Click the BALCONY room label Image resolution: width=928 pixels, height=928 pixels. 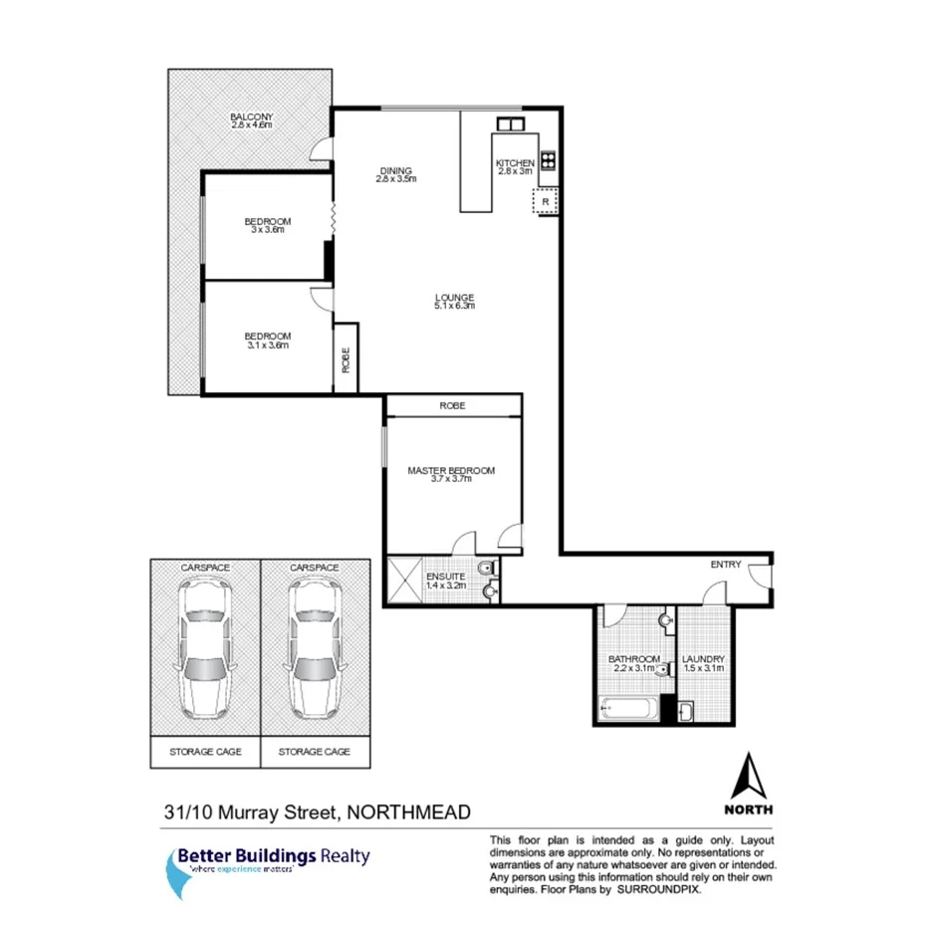(251, 116)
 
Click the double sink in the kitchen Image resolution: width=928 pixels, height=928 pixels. (510, 124)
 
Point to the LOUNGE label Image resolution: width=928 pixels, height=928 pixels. (454, 297)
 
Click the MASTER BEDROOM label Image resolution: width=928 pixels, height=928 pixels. (451, 470)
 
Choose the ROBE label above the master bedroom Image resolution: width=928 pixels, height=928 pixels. (452, 406)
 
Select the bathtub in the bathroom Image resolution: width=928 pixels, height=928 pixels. (627, 711)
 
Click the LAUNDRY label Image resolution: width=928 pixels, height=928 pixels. (703, 660)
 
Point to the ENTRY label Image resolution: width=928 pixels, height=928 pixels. (725, 565)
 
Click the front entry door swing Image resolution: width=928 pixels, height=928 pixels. (759, 577)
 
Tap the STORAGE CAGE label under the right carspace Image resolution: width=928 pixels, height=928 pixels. (315, 752)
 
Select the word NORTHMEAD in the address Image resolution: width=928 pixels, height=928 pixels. (407, 813)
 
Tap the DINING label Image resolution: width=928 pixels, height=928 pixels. (394, 170)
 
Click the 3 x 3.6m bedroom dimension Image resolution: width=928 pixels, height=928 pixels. (268, 230)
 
